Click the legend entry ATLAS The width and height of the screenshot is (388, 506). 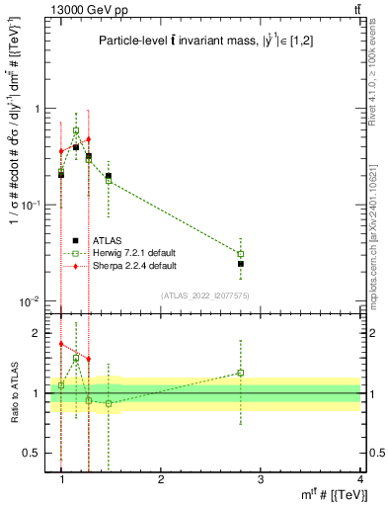click(x=109, y=240)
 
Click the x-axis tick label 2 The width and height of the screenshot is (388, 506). click(x=162, y=478)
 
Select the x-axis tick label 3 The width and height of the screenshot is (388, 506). click(x=261, y=478)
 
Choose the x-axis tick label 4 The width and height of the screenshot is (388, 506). click(x=359, y=478)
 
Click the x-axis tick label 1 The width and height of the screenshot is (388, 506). click(x=62, y=478)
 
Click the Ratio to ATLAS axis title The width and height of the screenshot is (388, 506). click(x=13, y=392)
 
